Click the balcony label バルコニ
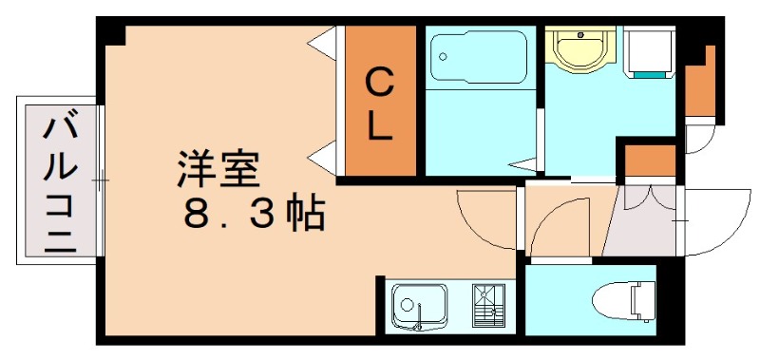click(57, 180)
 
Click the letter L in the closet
click(380, 128)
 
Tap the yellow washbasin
click(581, 47)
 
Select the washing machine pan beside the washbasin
click(649, 52)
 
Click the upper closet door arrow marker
click(325, 42)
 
